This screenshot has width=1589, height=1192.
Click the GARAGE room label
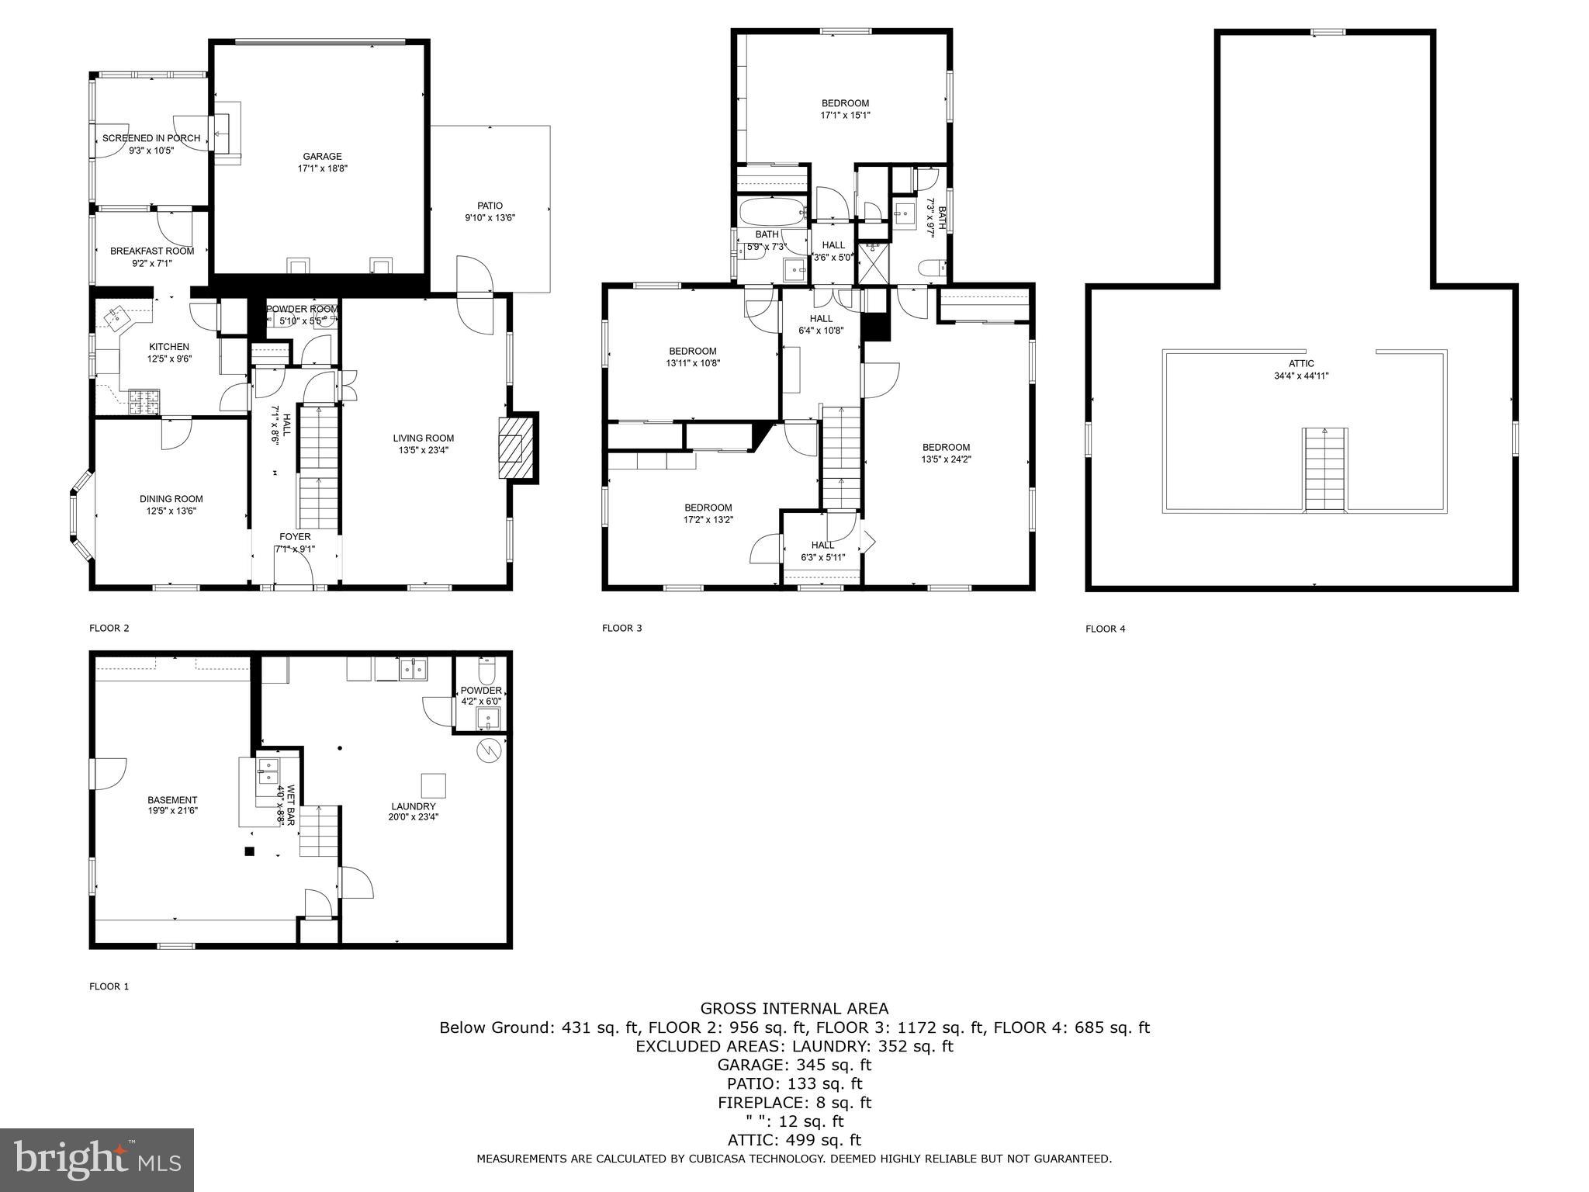click(x=322, y=157)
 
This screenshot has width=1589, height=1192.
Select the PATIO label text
click(x=490, y=206)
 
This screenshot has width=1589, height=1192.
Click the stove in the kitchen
click(x=144, y=401)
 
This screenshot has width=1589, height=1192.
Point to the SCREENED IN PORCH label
click(x=151, y=138)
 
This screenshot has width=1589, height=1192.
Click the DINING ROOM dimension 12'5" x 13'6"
click(x=171, y=511)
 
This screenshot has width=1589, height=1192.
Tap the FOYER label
click(x=295, y=537)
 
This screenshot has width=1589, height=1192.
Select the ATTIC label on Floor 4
click(x=1301, y=363)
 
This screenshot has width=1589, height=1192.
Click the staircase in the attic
click(x=1324, y=469)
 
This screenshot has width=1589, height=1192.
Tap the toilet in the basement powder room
click(x=486, y=669)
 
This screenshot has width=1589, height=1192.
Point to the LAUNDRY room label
click(x=414, y=806)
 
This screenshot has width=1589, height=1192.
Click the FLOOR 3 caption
click(x=621, y=628)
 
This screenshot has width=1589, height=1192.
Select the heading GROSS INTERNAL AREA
click(x=794, y=1009)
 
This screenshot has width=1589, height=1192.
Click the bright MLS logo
click(x=96, y=1159)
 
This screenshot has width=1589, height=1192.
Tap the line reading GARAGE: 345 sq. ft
click(x=794, y=1065)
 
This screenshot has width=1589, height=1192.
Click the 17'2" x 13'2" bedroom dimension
click(x=708, y=520)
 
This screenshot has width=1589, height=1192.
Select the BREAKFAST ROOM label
click(x=152, y=251)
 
